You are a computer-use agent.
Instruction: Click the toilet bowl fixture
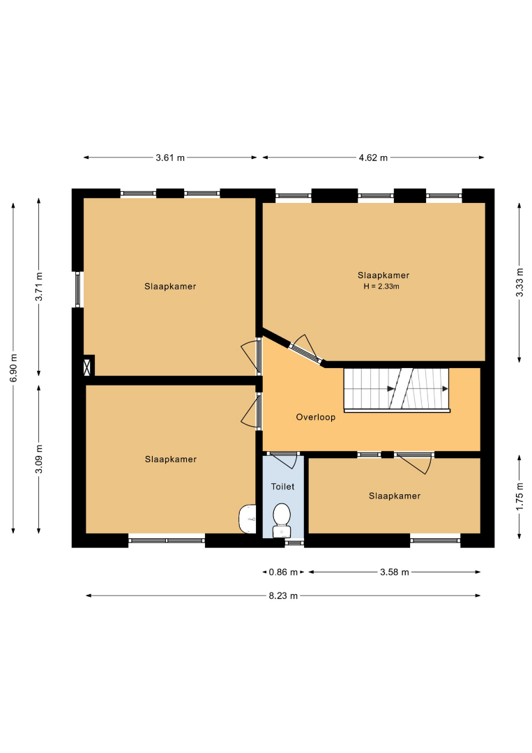[x=282, y=520]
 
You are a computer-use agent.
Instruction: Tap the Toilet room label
[x=283, y=487]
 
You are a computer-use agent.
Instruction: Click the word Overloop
[x=315, y=417]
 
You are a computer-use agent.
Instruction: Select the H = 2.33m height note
[x=381, y=287]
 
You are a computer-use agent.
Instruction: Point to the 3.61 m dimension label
[x=170, y=158]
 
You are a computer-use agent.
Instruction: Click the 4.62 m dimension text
[x=373, y=158]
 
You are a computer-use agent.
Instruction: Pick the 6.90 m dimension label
[x=13, y=368]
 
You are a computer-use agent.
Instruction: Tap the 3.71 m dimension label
[x=39, y=287]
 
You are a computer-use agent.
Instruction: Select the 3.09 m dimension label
[x=39, y=459]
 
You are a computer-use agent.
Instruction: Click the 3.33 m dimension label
[x=519, y=282]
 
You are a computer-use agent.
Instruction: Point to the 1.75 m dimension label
[x=519, y=497]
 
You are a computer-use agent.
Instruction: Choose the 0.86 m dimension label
[x=283, y=572]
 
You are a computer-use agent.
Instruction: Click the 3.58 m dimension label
[x=395, y=572]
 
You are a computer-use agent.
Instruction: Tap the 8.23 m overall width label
[x=283, y=595]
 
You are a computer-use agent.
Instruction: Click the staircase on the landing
[x=397, y=390]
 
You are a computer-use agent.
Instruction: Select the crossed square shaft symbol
[x=87, y=367]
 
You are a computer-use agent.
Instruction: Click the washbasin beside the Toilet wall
[x=248, y=519]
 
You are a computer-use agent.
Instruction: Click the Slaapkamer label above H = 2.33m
[x=383, y=275]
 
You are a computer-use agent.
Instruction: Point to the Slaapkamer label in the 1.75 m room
[x=395, y=496]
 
